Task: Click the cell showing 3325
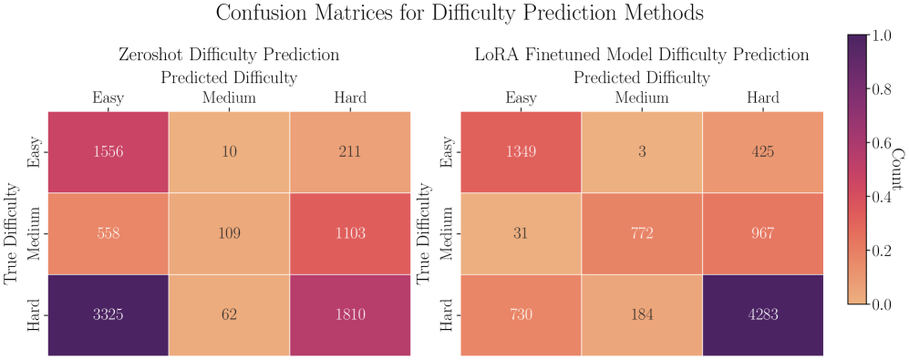tap(108, 314)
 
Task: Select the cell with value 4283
tap(763, 314)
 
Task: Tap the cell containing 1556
tap(108, 152)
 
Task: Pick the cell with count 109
tap(229, 233)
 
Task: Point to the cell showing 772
tap(642, 233)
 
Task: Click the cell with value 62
tap(229, 314)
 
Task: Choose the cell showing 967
tap(763, 233)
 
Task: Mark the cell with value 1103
tap(350, 233)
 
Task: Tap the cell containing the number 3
tap(642, 152)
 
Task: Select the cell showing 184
tap(642, 314)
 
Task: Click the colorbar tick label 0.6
tap(881, 143)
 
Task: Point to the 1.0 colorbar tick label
tap(881, 36)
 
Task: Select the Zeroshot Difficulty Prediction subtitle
tap(229, 55)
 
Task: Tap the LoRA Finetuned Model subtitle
tap(642, 55)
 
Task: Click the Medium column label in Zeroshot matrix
tap(229, 98)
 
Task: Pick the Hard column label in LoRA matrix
tap(763, 98)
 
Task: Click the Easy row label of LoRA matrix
tap(445, 152)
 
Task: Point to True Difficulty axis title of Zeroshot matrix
tap(12, 233)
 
